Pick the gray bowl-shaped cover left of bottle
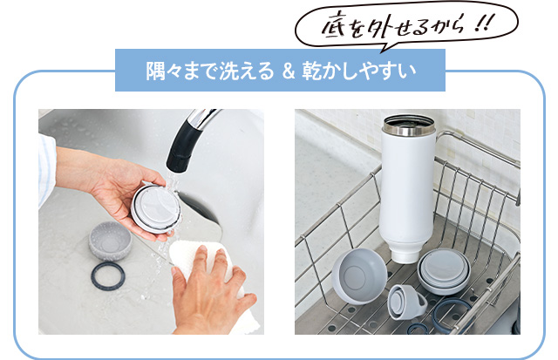(359, 276)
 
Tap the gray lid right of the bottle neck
(445, 272)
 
